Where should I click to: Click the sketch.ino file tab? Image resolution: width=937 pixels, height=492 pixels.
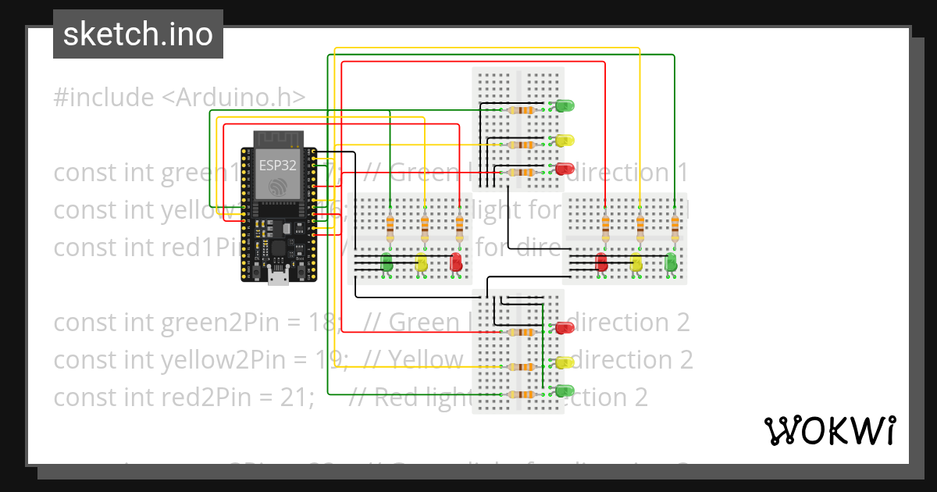(x=137, y=34)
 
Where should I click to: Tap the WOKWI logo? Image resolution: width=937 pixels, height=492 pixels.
(x=828, y=430)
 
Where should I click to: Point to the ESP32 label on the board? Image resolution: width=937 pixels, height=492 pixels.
(x=277, y=165)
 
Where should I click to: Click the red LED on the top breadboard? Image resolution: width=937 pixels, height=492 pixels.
(x=565, y=168)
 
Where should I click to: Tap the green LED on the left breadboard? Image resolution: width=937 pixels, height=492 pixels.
(x=387, y=262)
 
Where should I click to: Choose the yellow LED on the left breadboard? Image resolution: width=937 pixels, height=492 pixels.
(x=422, y=262)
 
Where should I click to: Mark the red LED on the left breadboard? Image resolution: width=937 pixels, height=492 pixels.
(x=457, y=262)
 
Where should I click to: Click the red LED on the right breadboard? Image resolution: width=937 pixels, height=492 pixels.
(x=601, y=262)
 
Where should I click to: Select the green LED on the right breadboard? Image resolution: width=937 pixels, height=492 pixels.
(x=671, y=262)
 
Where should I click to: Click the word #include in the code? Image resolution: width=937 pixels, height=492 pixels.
(x=104, y=98)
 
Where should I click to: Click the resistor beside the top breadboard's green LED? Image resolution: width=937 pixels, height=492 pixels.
(x=521, y=110)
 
